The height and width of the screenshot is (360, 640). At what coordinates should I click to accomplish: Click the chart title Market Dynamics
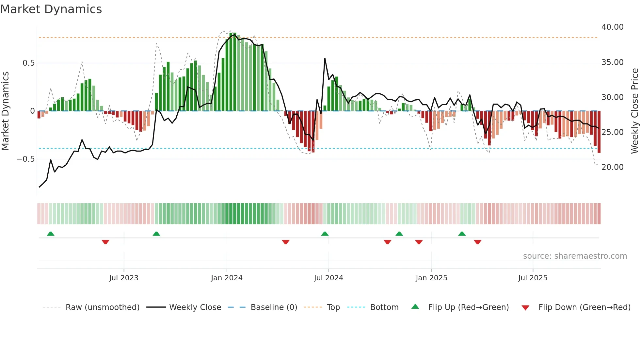tap(51, 9)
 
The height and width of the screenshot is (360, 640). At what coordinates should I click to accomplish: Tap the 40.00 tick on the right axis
tap(612, 27)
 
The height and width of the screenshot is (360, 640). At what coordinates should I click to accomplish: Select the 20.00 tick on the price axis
tap(612, 167)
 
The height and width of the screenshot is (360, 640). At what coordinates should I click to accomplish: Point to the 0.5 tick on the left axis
tap(28, 63)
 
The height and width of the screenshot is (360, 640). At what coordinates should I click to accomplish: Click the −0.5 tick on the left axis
tap(26, 159)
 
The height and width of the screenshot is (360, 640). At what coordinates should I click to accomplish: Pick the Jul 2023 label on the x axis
tap(124, 278)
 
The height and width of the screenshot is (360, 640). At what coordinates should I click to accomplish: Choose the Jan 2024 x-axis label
tap(227, 278)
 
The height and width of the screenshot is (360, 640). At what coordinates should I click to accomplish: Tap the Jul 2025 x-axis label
tap(533, 278)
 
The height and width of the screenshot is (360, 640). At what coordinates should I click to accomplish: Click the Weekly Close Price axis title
tap(634, 111)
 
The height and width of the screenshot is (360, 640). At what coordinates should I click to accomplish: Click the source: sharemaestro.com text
tap(575, 256)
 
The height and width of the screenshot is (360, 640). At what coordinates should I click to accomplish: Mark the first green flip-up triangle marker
tap(51, 234)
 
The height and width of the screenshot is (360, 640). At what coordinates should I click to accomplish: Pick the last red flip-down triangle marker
tap(477, 242)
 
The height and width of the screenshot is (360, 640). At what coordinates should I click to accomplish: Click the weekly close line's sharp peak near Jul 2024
tap(325, 59)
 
